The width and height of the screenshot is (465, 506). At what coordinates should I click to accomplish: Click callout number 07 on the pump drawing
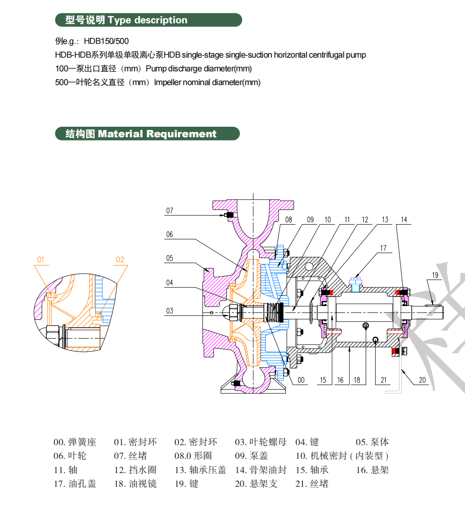point(170,211)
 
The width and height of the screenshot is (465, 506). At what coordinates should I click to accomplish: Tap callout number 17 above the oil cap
point(383,248)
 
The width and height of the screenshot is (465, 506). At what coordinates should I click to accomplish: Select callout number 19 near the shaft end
point(435,275)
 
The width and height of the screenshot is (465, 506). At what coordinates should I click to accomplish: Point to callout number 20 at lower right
point(422,380)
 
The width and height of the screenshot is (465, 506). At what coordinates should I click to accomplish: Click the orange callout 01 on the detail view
point(41,260)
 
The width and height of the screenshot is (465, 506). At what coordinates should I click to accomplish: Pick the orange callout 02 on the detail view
point(120,260)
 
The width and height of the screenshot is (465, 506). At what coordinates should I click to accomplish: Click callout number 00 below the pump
point(301,380)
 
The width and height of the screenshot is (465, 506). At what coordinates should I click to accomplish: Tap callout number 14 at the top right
point(404,220)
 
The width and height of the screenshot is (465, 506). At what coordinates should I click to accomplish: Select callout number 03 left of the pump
point(170,311)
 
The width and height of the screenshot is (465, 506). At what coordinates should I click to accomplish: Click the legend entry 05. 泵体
point(372,442)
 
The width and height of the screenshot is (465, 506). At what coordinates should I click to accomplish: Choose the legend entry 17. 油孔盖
point(75,484)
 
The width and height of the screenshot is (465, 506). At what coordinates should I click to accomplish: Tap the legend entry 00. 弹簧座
point(75,442)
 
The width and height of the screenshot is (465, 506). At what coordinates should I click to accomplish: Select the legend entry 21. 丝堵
point(312,484)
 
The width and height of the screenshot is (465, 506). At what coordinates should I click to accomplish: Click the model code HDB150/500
point(106,41)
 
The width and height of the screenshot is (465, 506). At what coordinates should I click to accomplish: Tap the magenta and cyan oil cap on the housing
point(356,284)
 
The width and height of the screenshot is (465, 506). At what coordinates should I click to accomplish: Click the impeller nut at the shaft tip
point(232,312)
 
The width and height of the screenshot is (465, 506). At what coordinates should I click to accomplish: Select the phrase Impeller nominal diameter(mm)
point(207,83)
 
